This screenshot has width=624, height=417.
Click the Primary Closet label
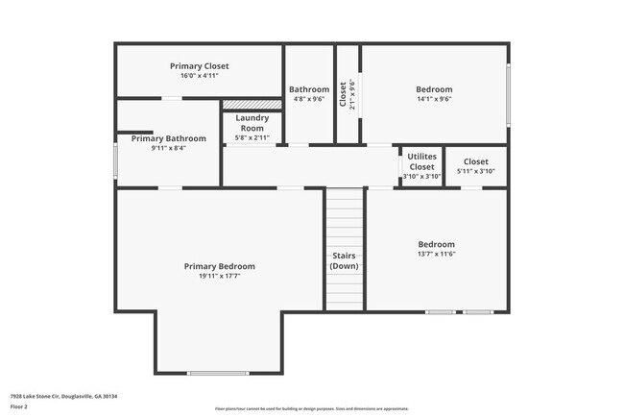(200, 65)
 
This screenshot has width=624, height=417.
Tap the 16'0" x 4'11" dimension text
(200, 75)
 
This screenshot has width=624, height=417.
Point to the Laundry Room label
(252, 123)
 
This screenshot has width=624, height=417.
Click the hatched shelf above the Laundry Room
(252, 104)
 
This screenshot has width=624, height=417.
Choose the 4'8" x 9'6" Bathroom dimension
(308, 99)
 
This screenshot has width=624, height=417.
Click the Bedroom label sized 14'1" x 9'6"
(434, 89)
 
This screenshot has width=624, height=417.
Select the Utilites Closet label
(421, 161)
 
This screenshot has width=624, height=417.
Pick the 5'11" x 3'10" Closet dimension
(475, 171)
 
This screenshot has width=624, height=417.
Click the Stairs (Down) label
(345, 260)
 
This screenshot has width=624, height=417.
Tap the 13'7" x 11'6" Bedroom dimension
(436, 255)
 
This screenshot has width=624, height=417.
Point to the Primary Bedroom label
(220, 266)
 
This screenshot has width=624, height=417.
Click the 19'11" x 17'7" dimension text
(220, 276)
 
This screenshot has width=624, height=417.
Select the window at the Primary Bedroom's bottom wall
(218, 373)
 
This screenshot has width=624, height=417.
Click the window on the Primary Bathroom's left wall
(116, 160)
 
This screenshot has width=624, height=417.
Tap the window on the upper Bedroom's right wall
(508, 92)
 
